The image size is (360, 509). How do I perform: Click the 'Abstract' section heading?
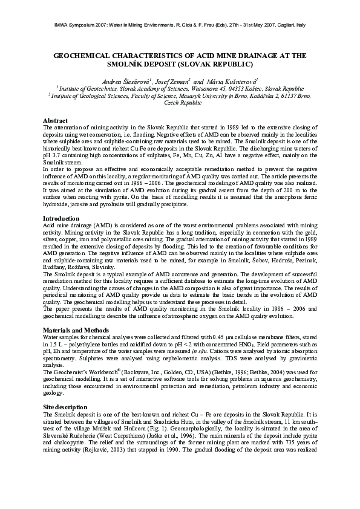coord(56,121)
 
